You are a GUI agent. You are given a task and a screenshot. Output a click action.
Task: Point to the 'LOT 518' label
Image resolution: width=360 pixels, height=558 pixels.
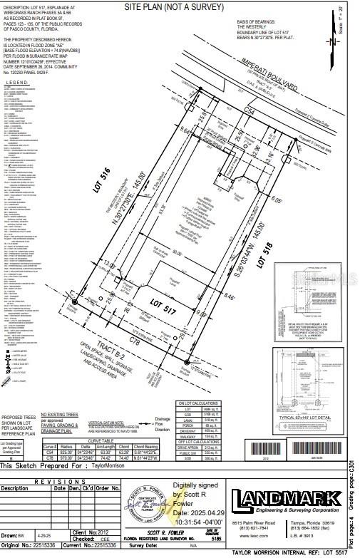tap(269, 253)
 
